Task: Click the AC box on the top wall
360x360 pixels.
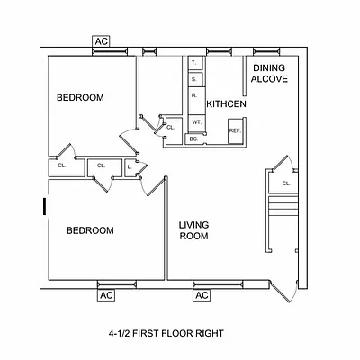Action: pos(101,41)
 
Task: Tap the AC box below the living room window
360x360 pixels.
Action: pos(202,295)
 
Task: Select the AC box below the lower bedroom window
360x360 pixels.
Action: pos(106,295)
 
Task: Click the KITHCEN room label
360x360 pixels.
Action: pos(226,104)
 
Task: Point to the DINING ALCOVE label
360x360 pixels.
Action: pos(269,74)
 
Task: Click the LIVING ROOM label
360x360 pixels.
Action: pos(193,230)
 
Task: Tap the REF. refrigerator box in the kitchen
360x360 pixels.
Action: pos(235,131)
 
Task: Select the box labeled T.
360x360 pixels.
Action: pos(195,63)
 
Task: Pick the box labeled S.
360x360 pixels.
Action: pos(195,79)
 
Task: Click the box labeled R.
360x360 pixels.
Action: pos(197,101)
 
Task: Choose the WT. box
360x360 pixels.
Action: pos(197,123)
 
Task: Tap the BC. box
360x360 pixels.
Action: pos(194,139)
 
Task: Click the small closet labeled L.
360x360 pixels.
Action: pos(130,167)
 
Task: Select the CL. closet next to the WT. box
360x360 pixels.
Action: pos(173,131)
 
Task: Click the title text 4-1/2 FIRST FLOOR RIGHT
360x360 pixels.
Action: pos(166,333)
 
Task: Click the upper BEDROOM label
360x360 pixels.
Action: pos(80,97)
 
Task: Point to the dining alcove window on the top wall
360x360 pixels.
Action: pos(266,51)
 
